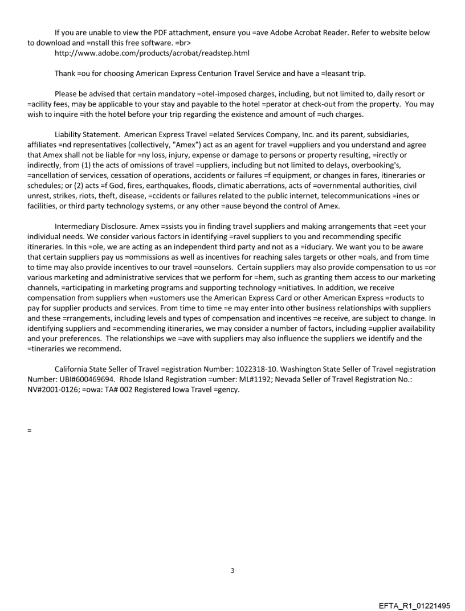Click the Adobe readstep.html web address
coord(152,53)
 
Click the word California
coord(73,369)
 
